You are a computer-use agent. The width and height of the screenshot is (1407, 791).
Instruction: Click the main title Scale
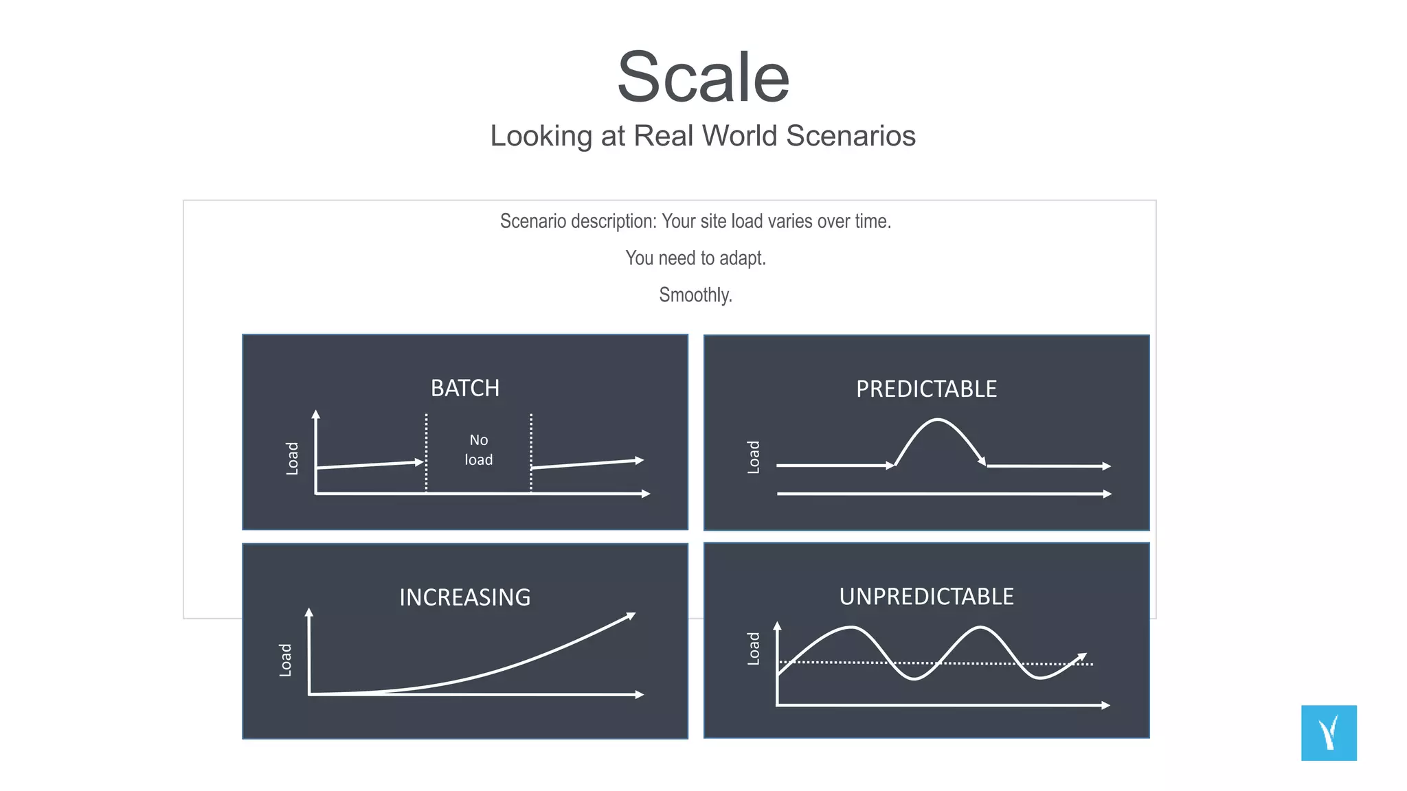click(x=703, y=77)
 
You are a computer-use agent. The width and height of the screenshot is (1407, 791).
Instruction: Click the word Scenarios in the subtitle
click(x=851, y=136)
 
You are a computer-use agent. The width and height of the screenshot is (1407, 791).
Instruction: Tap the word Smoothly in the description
click(x=695, y=295)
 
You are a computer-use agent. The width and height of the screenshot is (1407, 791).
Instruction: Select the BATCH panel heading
click(x=465, y=389)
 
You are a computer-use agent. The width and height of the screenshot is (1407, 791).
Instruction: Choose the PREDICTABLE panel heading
click(x=926, y=389)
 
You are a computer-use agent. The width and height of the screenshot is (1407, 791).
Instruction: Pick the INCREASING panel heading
click(x=465, y=597)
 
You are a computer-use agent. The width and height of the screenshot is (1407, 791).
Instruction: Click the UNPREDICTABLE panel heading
click(x=926, y=597)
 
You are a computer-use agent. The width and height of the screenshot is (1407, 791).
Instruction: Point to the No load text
click(x=479, y=450)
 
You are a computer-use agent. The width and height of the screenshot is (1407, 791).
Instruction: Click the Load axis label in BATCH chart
click(x=293, y=458)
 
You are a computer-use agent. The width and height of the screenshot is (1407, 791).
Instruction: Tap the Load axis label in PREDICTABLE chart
click(x=754, y=457)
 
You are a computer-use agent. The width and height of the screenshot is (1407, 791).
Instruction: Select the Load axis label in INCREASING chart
click(x=286, y=660)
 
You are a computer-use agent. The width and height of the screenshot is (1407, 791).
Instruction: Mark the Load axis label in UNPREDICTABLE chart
click(x=754, y=648)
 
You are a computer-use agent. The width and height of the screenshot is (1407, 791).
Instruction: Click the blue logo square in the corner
click(x=1329, y=733)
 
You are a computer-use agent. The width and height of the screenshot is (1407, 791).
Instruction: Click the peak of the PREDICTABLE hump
click(x=938, y=420)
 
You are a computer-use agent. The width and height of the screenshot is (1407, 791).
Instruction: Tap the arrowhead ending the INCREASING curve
click(x=631, y=616)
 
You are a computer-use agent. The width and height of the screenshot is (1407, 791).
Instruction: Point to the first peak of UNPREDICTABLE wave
click(x=852, y=628)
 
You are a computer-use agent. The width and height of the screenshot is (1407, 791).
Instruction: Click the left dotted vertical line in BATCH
click(x=427, y=453)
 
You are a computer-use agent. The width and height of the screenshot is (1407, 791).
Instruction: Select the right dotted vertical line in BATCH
click(x=531, y=453)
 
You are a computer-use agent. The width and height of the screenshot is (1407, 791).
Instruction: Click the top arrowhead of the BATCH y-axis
click(x=315, y=414)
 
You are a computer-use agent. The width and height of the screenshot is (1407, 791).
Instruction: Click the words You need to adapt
click(x=695, y=258)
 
